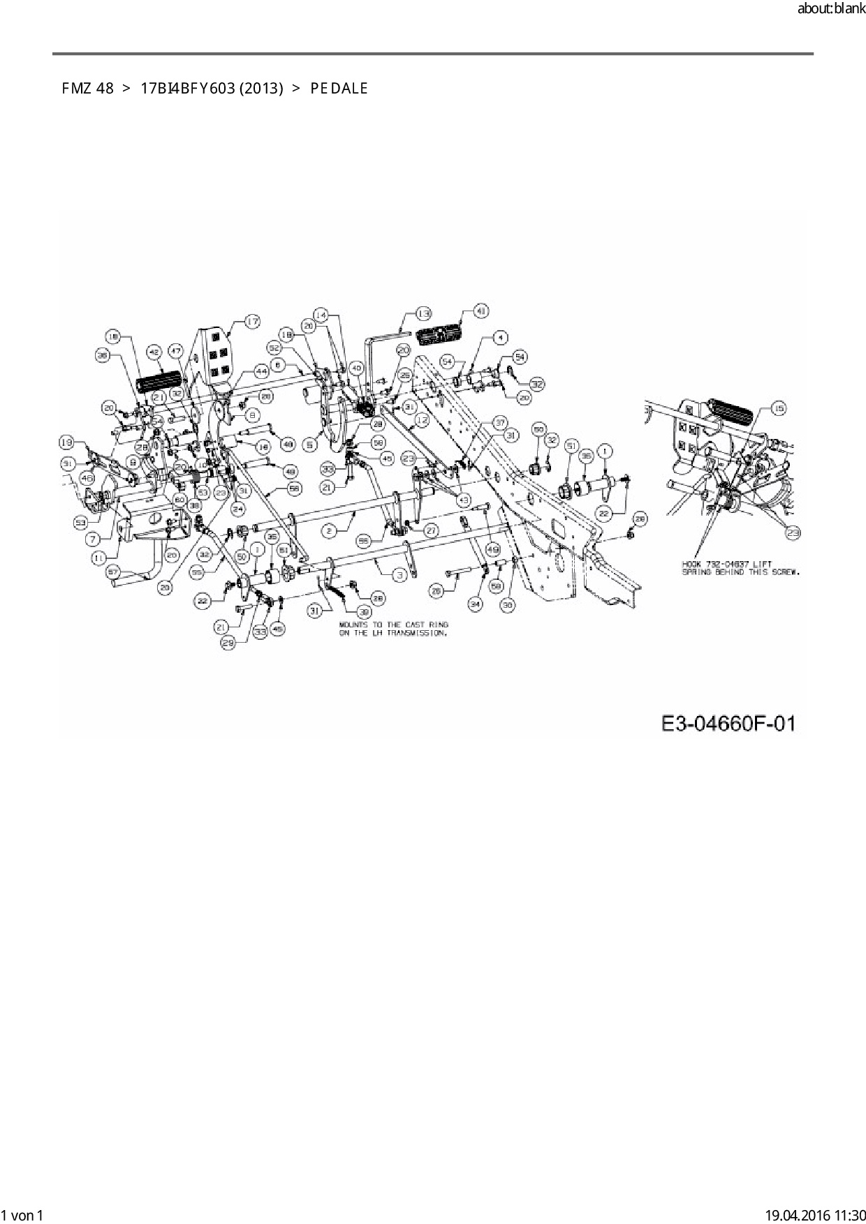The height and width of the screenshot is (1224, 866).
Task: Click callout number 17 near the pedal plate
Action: click(x=251, y=321)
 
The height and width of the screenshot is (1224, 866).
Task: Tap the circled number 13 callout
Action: click(x=424, y=313)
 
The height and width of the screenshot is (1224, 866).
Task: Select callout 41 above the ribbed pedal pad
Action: click(x=481, y=311)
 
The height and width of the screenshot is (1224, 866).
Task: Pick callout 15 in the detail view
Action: click(x=779, y=409)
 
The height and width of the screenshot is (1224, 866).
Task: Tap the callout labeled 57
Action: click(x=113, y=572)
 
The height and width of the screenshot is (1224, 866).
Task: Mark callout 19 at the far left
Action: click(x=66, y=442)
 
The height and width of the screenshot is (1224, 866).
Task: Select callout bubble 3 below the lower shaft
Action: click(x=399, y=575)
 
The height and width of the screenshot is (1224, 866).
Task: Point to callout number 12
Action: click(x=421, y=420)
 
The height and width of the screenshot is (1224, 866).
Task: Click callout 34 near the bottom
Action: click(x=475, y=604)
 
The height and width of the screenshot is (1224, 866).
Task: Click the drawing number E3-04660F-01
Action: click(x=728, y=724)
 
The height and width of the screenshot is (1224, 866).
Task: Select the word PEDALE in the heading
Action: click(x=339, y=89)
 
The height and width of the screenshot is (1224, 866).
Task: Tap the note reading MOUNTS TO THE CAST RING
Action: click(x=393, y=625)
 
